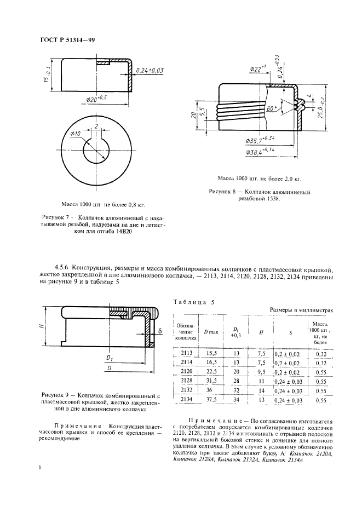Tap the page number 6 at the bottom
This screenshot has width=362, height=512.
click(40, 467)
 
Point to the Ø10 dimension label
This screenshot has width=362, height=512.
click(76, 134)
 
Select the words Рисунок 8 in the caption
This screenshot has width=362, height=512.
click(226, 192)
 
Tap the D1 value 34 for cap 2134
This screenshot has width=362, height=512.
click(237, 400)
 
